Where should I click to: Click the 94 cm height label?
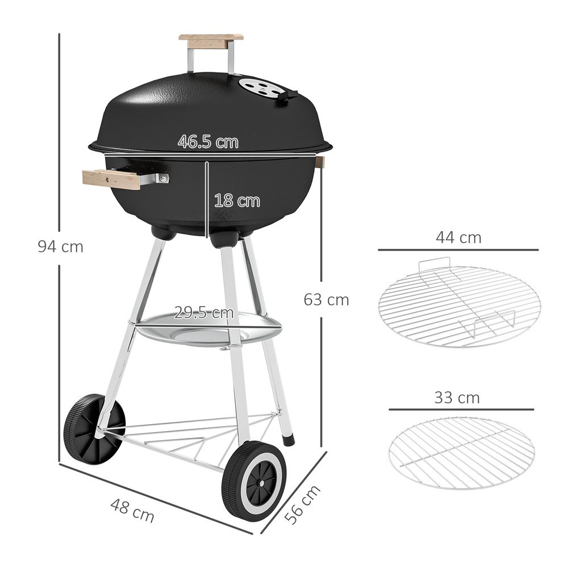pos(60,247)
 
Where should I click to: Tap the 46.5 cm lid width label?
pos(208,141)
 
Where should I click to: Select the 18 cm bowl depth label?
pos(237,201)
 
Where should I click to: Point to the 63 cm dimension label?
pos(326,299)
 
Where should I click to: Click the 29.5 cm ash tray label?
pos(204,312)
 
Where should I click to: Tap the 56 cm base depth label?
pos(303,504)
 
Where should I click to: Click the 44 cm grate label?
pos(458,237)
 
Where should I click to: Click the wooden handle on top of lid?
pos(211,40)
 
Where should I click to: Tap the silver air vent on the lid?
pos(262,88)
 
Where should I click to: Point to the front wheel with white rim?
pos(254,481)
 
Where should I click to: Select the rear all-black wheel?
pos(93,428)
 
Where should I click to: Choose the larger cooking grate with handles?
pos(459,306)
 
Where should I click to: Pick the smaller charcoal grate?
pos(461,453)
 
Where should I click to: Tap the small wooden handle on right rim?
pos(320,162)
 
